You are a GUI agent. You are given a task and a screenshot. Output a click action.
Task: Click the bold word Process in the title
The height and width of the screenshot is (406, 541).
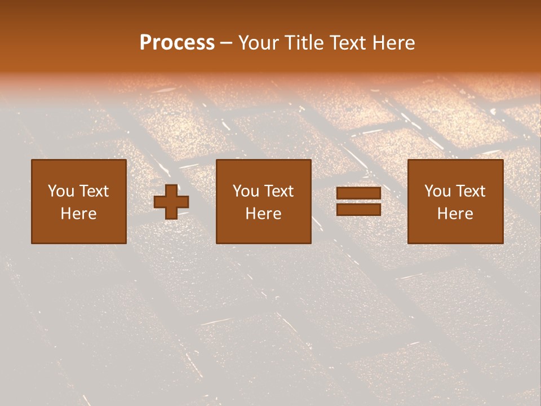pos(177,43)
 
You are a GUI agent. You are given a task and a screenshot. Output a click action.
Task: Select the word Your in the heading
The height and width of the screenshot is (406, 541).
pos(259,43)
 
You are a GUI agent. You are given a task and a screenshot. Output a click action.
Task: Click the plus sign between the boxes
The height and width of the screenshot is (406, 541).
pos(171,202)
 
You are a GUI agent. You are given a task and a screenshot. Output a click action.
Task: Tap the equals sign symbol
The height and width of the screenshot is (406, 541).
pos(358,201)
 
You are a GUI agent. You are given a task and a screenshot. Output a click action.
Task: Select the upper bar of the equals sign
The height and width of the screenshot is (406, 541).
pos(358,193)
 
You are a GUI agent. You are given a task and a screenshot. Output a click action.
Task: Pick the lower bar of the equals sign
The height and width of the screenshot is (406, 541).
pos(358,209)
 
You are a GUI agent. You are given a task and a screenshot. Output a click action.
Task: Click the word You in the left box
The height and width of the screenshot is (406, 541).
pos(61,191)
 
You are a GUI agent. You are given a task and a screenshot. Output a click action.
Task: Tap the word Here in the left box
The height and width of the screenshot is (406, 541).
pos(79,214)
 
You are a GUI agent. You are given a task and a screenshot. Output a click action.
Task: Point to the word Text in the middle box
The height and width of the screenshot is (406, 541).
pos(279,191)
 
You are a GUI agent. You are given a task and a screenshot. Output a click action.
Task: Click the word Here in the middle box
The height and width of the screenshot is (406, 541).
pos(264,214)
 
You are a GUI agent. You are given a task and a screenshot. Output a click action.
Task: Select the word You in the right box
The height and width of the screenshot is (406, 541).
pos(437,191)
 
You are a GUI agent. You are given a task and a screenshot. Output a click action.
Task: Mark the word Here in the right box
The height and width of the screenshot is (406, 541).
pos(455,214)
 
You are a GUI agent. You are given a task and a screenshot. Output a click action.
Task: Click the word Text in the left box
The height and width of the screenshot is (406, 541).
pos(94,191)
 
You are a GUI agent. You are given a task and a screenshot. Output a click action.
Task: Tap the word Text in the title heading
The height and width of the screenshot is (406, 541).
pos(346,43)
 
